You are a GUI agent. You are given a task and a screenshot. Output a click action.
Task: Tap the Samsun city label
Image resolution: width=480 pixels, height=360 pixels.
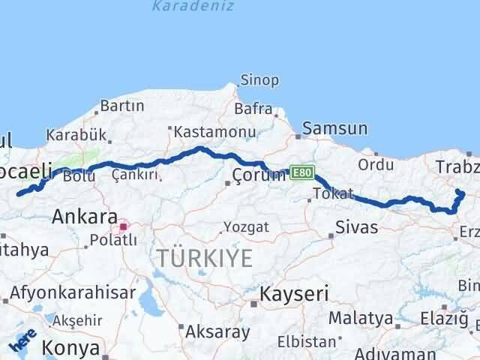coord(337,129)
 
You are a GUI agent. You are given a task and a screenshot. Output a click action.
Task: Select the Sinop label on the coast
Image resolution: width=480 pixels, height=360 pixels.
coord(259,80)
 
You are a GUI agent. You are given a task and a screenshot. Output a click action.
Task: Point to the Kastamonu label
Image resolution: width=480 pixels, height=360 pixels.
coord(205,131)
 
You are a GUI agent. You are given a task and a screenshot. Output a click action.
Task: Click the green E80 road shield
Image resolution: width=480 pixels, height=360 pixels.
coord(301,173)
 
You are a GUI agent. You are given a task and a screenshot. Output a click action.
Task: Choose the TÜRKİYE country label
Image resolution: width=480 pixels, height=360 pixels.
coord(205,259)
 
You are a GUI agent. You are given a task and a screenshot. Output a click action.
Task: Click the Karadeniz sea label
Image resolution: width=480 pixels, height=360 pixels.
coord(193,7)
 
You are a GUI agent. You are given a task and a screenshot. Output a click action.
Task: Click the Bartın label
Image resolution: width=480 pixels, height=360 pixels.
coord(121,106)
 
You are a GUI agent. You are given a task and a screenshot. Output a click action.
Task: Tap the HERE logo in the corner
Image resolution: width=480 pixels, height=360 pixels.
coord(22,341)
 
